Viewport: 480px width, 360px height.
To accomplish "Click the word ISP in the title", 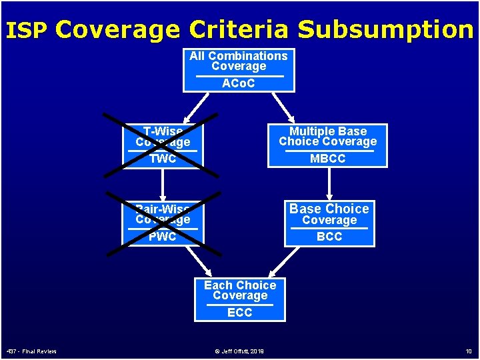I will [x=27, y=31].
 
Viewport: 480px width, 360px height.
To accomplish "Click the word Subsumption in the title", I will [x=385, y=30].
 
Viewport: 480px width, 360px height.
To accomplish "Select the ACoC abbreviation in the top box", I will [x=239, y=83].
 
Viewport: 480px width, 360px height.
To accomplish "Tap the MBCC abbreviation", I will [x=328, y=159].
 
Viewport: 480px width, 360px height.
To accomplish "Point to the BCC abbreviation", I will [x=329, y=237].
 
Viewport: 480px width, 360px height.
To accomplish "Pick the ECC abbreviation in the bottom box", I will [x=240, y=313].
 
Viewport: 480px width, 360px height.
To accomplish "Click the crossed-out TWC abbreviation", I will [x=163, y=159].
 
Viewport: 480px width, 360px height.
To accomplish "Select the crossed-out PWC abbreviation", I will [x=163, y=237].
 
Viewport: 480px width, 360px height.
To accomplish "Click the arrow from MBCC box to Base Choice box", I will [x=329, y=183].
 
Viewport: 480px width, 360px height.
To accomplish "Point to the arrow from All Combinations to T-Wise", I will [x=193, y=105].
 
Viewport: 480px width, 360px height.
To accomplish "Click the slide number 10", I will [x=468, y=351].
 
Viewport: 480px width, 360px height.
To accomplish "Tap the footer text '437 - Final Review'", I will [x=31, y=351].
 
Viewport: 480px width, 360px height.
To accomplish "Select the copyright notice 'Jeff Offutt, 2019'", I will [x=239, y=351].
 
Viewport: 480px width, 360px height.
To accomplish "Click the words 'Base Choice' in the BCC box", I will [x=329, y=209].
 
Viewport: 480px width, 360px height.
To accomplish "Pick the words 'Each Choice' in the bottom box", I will [x=240, y=285].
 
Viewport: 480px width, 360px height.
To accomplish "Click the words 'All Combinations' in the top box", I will [x=239, y=56].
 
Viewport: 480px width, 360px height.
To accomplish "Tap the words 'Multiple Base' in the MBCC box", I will [x=328, y=131].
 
